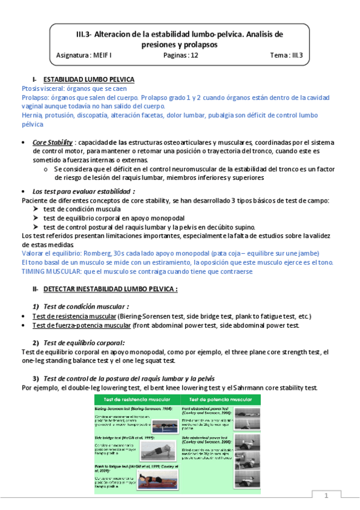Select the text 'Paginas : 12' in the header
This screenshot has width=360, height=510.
coord(180,55)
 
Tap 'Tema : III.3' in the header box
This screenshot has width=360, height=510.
coord(286,55)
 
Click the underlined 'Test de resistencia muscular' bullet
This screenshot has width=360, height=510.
coord(75,316)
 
